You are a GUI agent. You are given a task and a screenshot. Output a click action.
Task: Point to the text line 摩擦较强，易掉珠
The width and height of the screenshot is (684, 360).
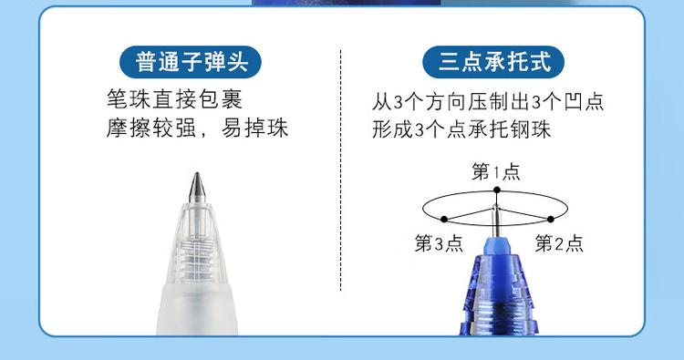[x=197, y=127]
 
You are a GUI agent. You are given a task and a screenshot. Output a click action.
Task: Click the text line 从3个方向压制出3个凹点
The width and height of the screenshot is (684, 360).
[x=489, y=101]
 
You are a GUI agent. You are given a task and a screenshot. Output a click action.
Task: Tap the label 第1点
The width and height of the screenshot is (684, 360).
[x=496, y=171]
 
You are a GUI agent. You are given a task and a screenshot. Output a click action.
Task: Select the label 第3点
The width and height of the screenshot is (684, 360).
[x=439, y=243]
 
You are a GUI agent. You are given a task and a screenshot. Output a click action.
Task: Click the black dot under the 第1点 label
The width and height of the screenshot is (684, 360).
[x=496, y=190]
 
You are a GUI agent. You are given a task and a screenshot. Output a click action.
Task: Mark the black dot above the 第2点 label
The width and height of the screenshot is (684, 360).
[x=551, y=219]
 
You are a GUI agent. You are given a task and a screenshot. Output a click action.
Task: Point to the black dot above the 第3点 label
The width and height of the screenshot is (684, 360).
[x=442, y=219]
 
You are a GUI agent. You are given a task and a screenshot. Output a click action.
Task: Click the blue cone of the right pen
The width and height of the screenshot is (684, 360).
[x=497, y=264]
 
